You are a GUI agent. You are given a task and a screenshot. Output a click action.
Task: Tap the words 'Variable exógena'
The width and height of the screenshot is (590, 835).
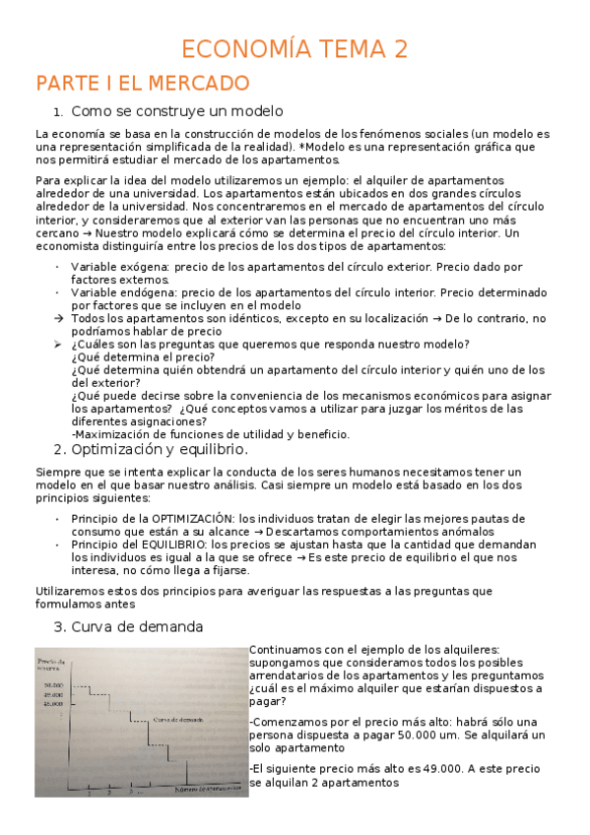click(x=114, y=267)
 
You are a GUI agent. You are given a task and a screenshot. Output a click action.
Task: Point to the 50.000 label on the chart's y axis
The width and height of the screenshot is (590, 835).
click(x=52, y=684)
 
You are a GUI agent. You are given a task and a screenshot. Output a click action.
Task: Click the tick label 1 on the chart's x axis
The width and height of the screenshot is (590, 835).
click(x=90, y=791)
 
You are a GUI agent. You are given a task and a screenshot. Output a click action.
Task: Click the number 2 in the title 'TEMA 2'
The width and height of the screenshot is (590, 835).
click(x=399, y=49)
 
